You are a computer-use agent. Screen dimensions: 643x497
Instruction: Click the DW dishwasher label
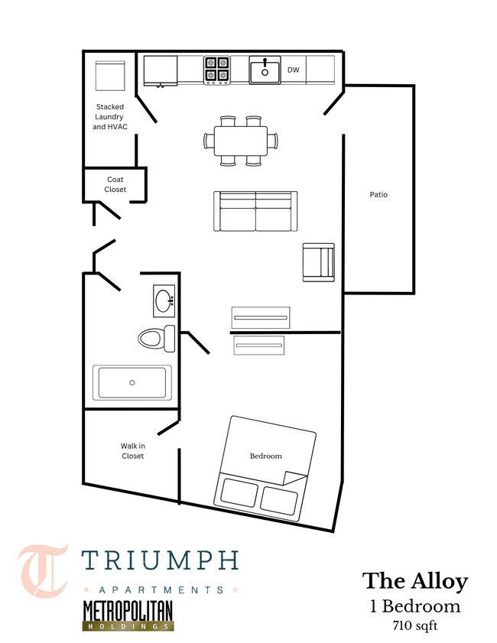(293, 70)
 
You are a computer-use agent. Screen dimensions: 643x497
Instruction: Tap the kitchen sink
(265, 70)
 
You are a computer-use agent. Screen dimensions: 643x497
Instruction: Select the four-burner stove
(217, 70)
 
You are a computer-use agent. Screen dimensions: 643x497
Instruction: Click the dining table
(241, 141)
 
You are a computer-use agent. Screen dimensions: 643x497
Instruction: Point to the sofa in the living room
(255, 210)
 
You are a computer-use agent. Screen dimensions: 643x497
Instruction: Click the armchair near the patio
(319, 262)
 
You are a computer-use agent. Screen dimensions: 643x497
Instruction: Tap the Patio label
(378, 194)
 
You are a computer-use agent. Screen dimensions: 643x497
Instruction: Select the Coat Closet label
(115, 184)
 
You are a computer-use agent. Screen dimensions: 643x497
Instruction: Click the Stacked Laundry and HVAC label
(109, 116)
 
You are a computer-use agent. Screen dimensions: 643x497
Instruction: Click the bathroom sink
(163, 301)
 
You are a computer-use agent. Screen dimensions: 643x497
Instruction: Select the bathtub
(132, 382)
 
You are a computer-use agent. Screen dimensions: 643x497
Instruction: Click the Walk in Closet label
(132, 450)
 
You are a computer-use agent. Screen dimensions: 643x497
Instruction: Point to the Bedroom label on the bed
(266, 456)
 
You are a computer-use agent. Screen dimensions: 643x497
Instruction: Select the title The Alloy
(414, 581)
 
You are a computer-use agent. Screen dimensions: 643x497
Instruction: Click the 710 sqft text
(414, 625)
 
